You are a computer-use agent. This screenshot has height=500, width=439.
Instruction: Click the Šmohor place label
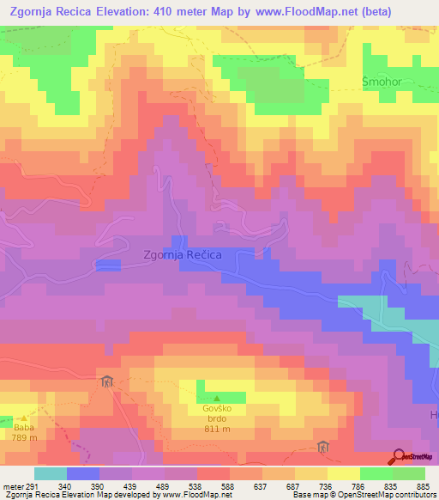pyautogui.click(x=381, y=82)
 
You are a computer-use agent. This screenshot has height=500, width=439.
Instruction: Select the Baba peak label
pyautogui.click(x=23, y=426)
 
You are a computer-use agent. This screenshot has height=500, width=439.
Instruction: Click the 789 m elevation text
pyautogui.click(x=23, y=437)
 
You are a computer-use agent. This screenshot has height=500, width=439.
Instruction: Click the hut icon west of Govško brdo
pyautogui.click(x=106, y=381)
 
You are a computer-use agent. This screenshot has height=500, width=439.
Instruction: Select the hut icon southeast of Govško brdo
pyautogui.click(x=322, y=447)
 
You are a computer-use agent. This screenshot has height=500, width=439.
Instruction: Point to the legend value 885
pyautogui.click(x=423, y=485)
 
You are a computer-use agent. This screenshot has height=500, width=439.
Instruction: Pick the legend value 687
pyautogui.click(x=293, y=485)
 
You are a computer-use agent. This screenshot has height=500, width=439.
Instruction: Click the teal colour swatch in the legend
pyautogui.click(x=50, y=473)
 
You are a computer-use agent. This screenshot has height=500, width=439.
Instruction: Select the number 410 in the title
pyautogui.click(x=172, y=11)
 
